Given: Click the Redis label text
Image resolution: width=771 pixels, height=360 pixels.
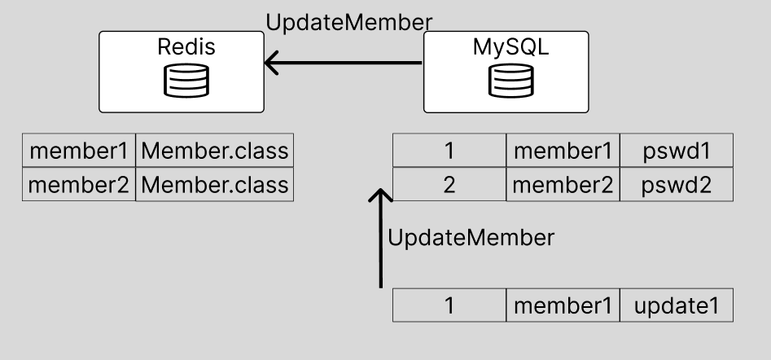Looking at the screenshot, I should tap(186, 47).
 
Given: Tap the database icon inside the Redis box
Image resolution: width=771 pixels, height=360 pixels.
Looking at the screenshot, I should tap(186, 81).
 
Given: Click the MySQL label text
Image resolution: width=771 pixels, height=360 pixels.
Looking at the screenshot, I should tap(510, 47).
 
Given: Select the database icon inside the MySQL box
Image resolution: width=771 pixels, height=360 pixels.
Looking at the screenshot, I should tap(510, 81).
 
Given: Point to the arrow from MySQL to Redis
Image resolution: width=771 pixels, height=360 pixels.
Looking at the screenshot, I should tap(342, 63).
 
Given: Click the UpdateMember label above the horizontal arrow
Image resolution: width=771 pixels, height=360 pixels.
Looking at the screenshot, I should tap(349, 22).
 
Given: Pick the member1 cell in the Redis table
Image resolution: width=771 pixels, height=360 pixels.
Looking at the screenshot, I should tap(78, 151).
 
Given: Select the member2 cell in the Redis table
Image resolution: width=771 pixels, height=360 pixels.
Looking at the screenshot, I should tap(78, 185).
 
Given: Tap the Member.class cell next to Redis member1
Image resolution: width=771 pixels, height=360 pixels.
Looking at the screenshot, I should tap(214, 151).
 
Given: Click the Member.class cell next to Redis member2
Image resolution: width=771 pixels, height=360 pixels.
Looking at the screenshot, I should tap(214, 185).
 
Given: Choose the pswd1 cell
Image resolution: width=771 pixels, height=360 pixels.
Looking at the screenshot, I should tap(677, 151).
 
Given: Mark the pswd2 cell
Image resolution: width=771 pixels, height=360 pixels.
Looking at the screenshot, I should tap(677, 185).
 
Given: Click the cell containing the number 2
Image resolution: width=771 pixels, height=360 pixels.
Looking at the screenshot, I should tap(449, 185).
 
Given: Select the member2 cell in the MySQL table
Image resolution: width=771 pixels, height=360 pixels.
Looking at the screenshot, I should tap(563, 185).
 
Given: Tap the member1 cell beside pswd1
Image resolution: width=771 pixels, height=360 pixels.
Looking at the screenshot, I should tap(563, 151).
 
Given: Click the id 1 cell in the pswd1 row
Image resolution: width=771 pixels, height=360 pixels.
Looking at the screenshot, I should tap(449, 151).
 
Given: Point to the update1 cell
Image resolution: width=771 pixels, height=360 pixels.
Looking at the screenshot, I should tap(677, 305).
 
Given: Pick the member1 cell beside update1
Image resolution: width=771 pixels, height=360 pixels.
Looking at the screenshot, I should tap(563, 305).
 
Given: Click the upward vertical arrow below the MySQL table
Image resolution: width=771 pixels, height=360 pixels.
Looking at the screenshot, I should tap(380, 240).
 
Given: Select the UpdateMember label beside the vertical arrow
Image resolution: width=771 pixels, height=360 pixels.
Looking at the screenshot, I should tap(471, 238).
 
